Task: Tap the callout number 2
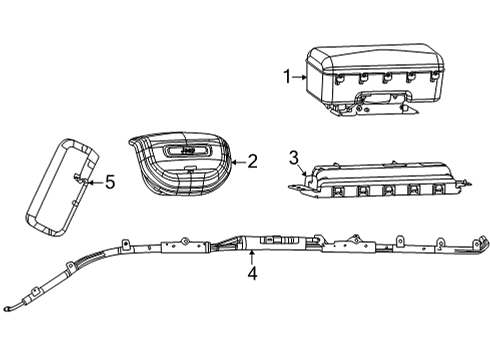(252, 159)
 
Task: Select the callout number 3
(293, 157)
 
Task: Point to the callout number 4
(251, 272)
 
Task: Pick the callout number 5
(111, 181)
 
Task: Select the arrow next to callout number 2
(237, 159)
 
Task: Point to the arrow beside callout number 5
(95, 181)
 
